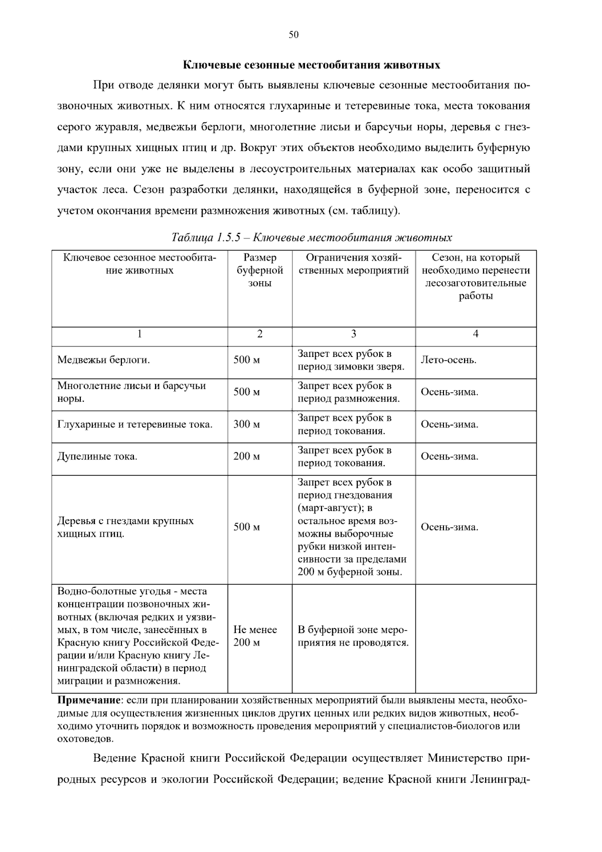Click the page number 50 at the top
(293, 35)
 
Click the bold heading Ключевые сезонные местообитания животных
(311, 65)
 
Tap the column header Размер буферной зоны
(259, 271)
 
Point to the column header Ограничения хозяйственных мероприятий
(353, 265)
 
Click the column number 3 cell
(353, 334)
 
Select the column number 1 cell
(139, 334)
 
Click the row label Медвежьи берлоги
(103, 360)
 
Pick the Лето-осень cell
(448, 360)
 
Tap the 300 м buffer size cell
(246, 425)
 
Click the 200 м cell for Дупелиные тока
(246, 457)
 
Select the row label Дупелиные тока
(97, 457)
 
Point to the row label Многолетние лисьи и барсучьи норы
(131, 392)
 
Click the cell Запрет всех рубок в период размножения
(349, 393)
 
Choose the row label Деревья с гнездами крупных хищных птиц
(125, 527)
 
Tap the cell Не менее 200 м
(255, 636)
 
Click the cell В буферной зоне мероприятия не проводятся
(353, 636)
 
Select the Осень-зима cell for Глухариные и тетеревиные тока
(449, 425)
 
